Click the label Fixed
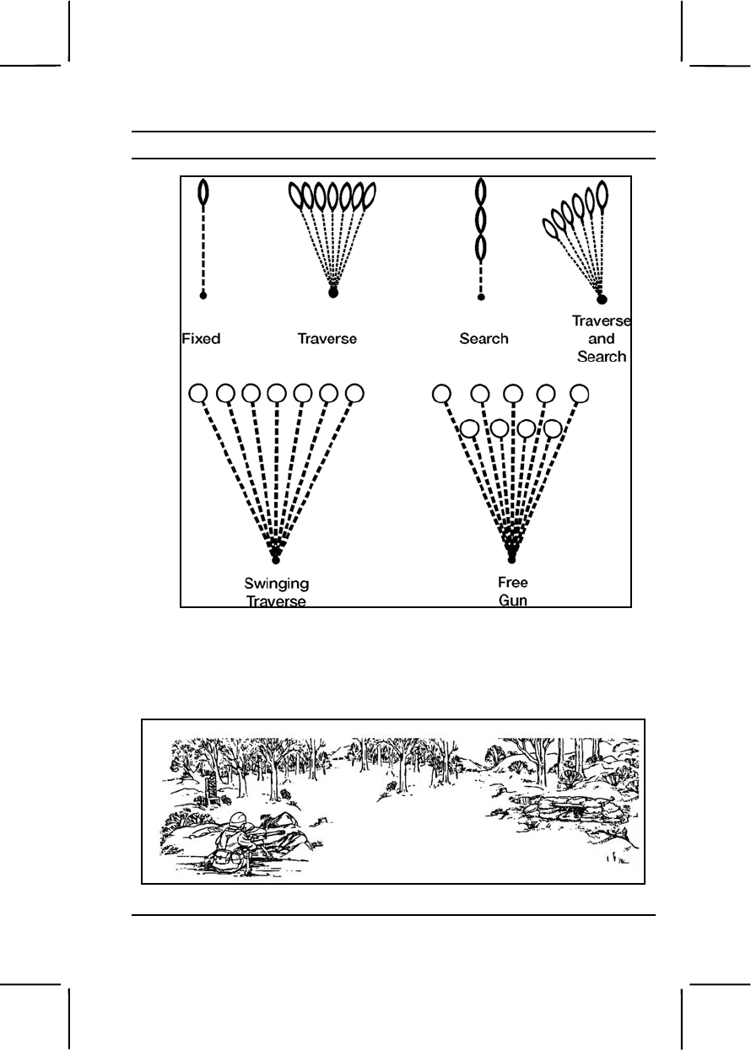[201, 339]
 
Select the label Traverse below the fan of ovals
[327, 339]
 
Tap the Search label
[484, 339]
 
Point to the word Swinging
[276, 584]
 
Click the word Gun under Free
[513, 601]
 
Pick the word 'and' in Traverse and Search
[602, 339]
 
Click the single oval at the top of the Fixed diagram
[203, 193]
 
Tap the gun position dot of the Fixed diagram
[203, 295]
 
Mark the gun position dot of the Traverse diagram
[332, 293]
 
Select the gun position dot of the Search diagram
[481, 297]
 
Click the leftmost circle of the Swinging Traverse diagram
[198, 393]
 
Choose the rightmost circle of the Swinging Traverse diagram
[355, 393]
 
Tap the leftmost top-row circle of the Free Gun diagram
[440, 393]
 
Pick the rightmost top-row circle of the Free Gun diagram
[580, 393]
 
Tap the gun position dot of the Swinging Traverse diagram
[276, 560]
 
